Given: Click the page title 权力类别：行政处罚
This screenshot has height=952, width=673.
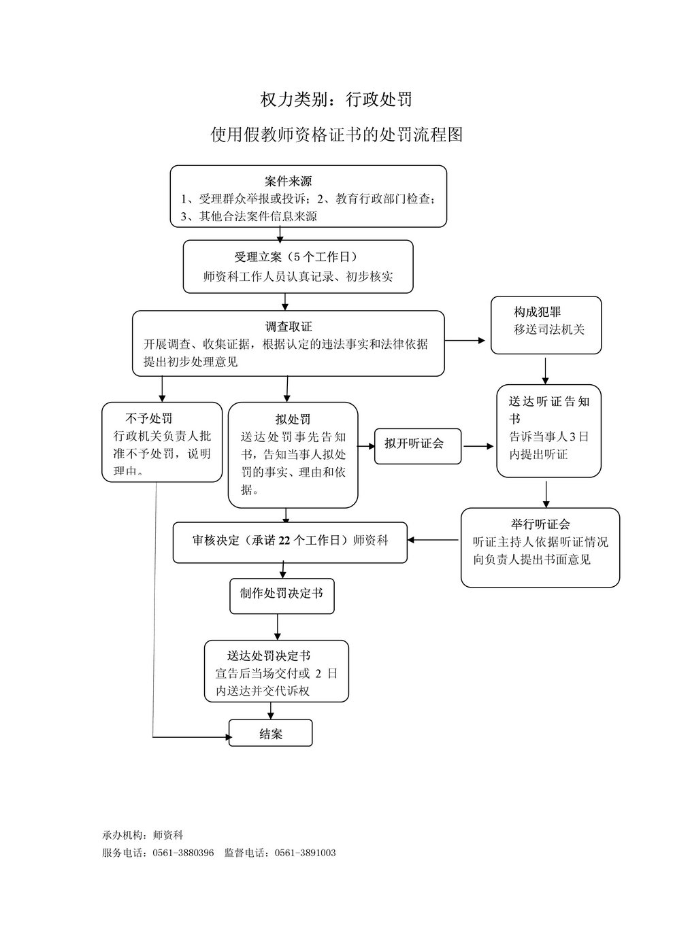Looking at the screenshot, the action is pos(336,99).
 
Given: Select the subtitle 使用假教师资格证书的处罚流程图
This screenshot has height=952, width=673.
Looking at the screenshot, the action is pos(336,135).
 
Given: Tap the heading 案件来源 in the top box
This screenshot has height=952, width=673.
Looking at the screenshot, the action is pos(288,182).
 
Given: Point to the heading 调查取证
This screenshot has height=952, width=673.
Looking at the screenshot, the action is pos(289,326).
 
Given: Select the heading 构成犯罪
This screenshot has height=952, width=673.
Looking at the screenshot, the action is pos(538,312).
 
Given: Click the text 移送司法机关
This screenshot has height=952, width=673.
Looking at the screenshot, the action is pos(549,329).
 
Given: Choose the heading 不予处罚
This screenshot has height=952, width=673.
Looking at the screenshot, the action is pos(149,419).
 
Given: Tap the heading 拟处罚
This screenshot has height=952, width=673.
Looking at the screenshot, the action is pos(293,420).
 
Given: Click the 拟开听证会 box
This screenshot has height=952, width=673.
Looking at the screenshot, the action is pos(418,446).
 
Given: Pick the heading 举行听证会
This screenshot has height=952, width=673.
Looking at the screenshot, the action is pos(540,524).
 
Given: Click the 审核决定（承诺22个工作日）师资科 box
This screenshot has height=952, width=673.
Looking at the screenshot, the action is pos(290,543).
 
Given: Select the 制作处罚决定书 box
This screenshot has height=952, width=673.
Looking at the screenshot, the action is pos(282,596).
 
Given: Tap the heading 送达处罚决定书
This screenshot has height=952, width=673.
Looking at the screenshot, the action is pos(269,656).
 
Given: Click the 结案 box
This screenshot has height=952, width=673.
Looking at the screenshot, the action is pos(271,733).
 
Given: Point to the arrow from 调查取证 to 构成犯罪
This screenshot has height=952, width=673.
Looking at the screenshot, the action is pos(465,341).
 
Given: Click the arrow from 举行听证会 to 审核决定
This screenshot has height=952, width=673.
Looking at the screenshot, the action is pos(433,540).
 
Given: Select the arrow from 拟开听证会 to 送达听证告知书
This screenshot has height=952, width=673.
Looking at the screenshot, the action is pos(478,446).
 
